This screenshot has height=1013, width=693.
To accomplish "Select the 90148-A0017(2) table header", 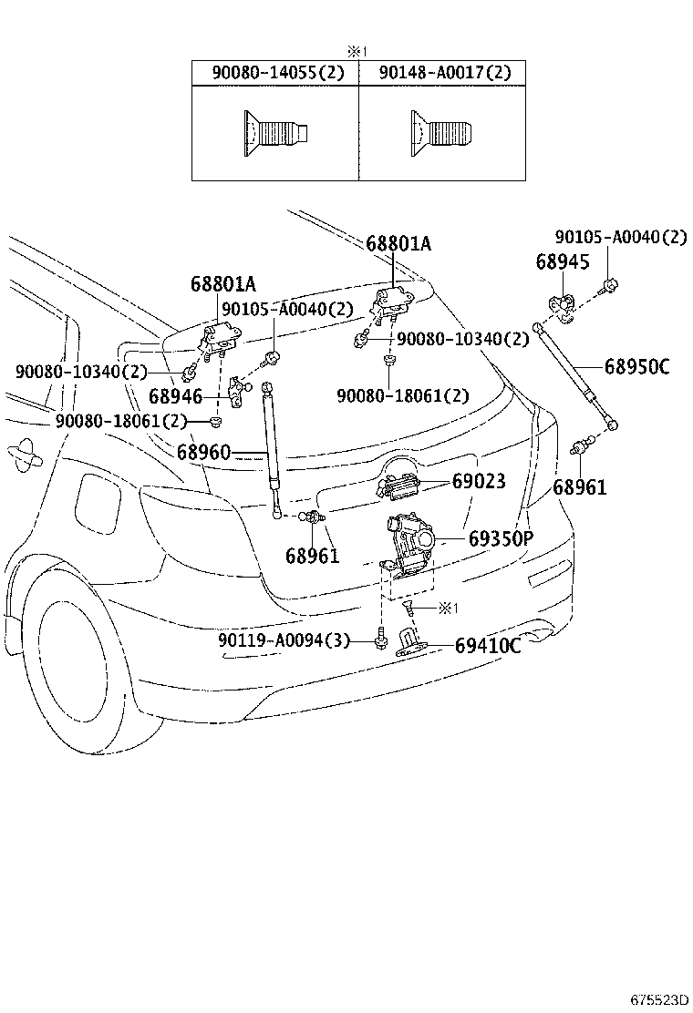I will tap(442, 73).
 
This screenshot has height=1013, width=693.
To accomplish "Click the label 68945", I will tap(563, 262).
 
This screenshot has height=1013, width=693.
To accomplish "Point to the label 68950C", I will tap(636, 367).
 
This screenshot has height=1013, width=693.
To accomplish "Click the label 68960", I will tap(203, 451).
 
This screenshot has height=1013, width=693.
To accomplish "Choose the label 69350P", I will tap(501, 538).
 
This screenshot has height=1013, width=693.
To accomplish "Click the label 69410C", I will tap(488, 646).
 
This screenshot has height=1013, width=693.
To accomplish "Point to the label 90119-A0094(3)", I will tap(284, 640).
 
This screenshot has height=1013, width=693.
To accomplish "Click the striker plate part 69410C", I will tap(416, 647).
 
